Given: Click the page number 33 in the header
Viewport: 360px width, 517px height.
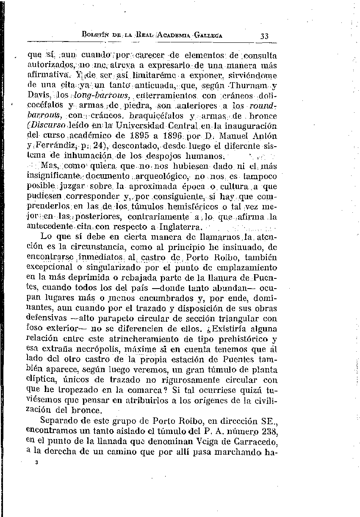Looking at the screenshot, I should (x=265, y=36).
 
